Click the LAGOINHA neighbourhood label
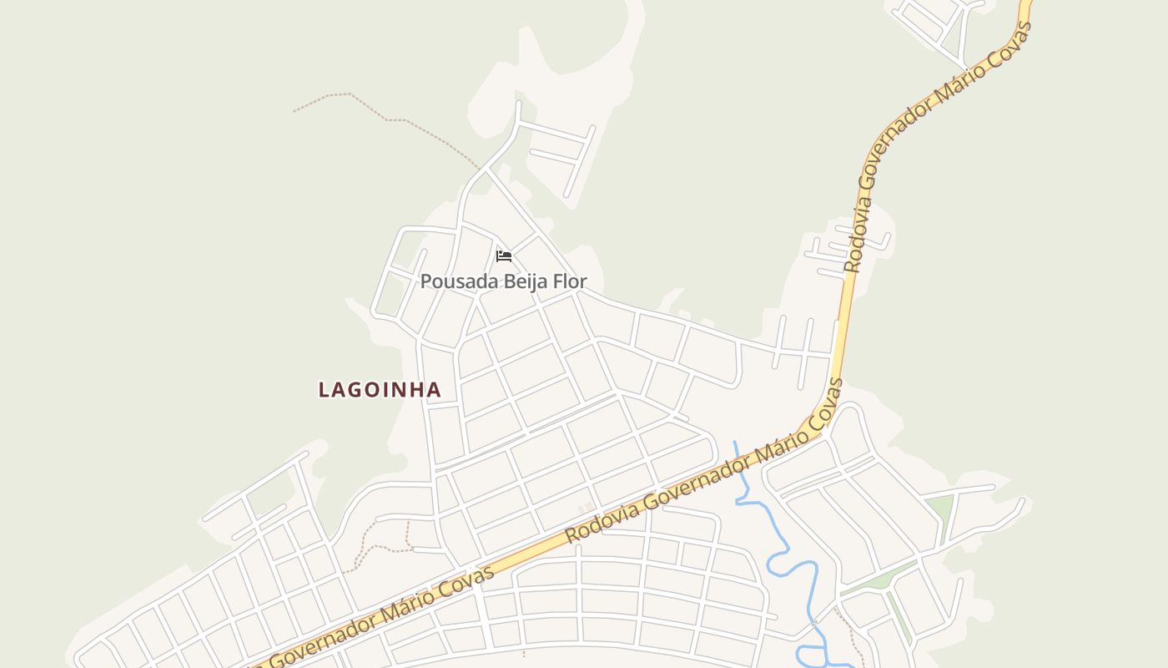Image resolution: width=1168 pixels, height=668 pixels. [x=380, y=390]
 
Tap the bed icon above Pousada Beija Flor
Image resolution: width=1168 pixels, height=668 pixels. [x=503, y=256]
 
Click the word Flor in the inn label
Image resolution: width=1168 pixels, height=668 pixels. [x=571, y=281]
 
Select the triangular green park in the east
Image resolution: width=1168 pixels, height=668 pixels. [x=940, y=507]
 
